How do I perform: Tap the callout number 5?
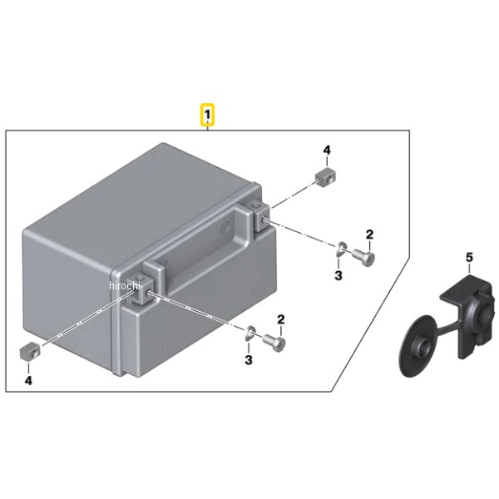pyautogui.click(x=470, y=258)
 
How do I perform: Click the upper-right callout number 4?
pyautogui.click(x=327, y=151)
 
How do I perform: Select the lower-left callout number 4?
pyautogui.click(x=28, y=380)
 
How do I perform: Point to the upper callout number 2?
pyautogui.click(x=369, y=235)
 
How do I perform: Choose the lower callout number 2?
pyautogui.click(x=281, y=319)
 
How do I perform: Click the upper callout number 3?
pyautogui.click(x=338, y=275)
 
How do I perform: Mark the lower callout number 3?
pyautogui.click(x=249, y=360)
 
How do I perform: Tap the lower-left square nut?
pyautogui.click(x=30, y=351)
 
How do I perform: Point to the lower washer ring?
pyautogui.click(x=250, y=333)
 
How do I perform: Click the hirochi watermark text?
pyautogui.click(x=125, y=285)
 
